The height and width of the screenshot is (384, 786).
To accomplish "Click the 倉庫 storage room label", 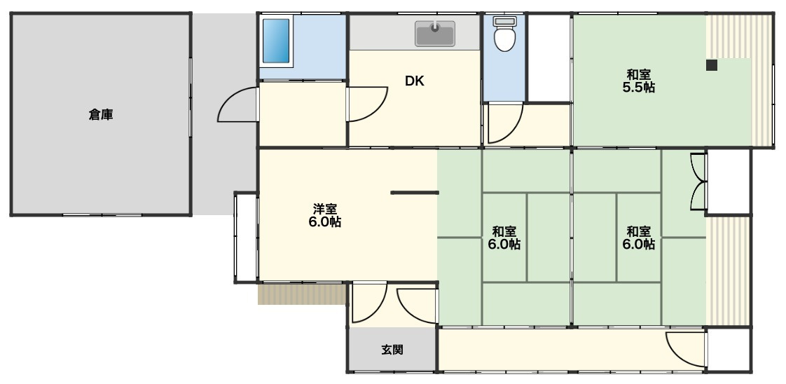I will pyautogui.click(x=101, y=114).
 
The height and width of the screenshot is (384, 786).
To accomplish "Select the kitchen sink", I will pyautogui.click(x=434, y=33).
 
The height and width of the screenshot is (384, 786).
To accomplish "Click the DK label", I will pyautogui.click(x=414, y=81).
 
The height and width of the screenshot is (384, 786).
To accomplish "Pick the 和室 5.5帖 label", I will pyautogui.click(x=638, y=81).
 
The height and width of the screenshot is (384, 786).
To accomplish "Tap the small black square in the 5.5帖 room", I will pyautogui.click(x=711, y=66).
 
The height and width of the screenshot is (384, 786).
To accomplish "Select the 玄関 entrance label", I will pyautogui.click(x=392, y=350).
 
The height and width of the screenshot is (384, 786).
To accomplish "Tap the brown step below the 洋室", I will pyautogui.click(x=302, y=294).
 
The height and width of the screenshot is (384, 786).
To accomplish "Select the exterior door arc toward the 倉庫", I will pyautogui.click(x=235, y=106).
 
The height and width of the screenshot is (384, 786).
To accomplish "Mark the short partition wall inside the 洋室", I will pyautogui.click(x=414, y=192).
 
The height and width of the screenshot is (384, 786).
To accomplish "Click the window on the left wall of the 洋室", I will pyautogui.click(x=246, y=238).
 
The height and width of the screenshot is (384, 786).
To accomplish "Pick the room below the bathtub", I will pyautogui.click(x=302, y=114).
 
